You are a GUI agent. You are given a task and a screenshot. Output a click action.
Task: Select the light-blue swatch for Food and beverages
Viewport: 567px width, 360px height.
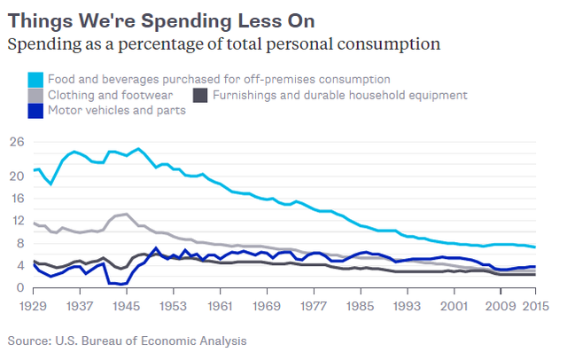[35, 80]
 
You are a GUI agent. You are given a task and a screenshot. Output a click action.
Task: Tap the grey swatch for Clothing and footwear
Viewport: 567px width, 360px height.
[35, 95]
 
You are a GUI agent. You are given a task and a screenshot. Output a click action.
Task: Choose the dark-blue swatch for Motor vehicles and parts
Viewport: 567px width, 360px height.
[35, 111]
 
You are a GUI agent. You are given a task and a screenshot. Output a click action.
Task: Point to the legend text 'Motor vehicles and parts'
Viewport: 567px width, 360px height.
[117, 111]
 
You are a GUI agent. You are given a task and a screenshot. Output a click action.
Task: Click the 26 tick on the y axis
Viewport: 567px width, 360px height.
[15, 142]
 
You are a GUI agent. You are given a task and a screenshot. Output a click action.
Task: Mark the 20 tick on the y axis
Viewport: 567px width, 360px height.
[15, 176]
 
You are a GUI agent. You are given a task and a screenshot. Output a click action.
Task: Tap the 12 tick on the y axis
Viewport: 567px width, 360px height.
[15, 221]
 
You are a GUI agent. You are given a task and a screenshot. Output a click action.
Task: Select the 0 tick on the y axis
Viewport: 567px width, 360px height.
[19, 288]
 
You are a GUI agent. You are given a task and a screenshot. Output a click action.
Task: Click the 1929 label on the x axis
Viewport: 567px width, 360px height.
[34, 306]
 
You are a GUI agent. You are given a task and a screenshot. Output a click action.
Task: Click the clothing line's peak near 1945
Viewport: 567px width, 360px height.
[128, 214]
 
